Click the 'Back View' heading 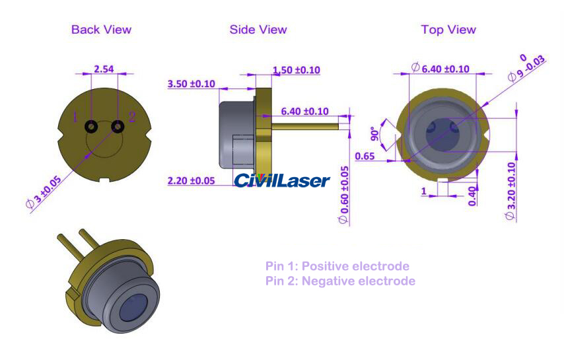pos(101,29)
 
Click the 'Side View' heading pos(258,29)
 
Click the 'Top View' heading pos(448,29)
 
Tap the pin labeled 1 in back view pos(90,126)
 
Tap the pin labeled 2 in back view pos(118,126)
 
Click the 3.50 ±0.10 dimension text pos(192,84)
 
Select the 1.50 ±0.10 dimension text pos(297,70)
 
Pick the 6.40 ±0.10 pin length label pos(305,112)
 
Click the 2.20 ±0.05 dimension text pos(192,180)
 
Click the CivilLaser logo pos(282,180)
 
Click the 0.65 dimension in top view pos(364,156)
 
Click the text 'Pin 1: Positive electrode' pos(337,266)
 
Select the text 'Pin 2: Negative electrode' pos(340,281)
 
